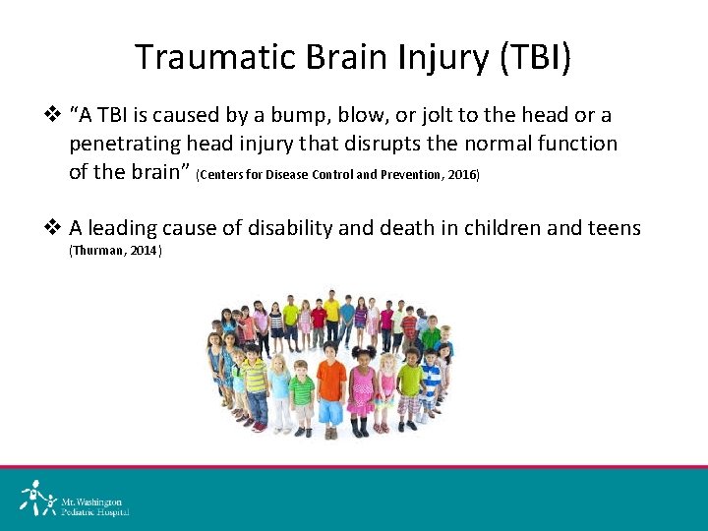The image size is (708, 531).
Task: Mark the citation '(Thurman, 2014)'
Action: [x=115, y=252]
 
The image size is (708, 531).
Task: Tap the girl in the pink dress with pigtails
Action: [x=362, y=388]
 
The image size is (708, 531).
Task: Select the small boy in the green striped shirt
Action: [x=302, y=393]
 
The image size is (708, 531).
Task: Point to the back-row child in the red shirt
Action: [x=319, y=320]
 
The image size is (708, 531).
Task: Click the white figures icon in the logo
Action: [x=37, y=499]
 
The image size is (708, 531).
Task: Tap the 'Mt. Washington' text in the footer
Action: [x=93, y=501]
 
